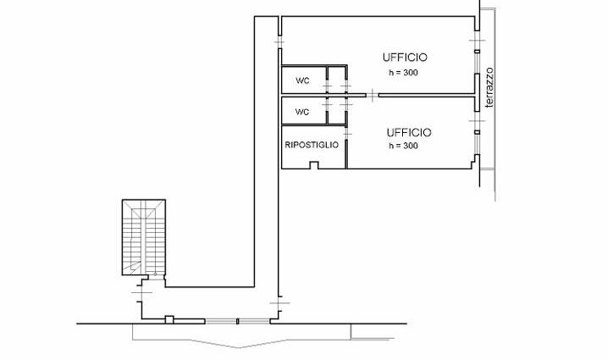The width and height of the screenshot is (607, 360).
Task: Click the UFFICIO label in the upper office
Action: point(405,58)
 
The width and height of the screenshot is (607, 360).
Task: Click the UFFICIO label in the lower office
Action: point(409,132)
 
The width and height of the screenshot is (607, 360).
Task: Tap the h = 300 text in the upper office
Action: point(403,73)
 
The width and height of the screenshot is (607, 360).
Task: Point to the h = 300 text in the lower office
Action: point(403,146)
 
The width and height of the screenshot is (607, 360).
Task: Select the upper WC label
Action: point(302,80)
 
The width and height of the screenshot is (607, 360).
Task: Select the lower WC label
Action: point(302,112)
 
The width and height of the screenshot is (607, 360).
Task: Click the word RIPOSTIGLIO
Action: point(312,145)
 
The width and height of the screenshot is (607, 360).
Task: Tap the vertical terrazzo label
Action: point(489,87)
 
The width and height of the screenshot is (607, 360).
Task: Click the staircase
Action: point(144,237)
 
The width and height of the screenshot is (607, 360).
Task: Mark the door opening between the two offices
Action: point(372,95)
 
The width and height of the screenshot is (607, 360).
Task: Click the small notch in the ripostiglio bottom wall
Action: point(314,165)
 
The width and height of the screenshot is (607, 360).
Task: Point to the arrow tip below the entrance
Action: point(239,347)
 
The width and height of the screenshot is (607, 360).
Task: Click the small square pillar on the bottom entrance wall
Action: point(169,319)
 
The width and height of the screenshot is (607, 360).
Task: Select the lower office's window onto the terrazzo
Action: point(477,132)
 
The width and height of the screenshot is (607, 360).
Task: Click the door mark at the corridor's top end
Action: point(279,41)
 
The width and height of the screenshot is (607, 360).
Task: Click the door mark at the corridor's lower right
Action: point(279,303)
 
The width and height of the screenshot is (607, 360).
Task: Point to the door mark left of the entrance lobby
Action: point(141,292)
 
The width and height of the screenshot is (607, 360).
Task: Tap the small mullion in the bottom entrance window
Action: point(238,321)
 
